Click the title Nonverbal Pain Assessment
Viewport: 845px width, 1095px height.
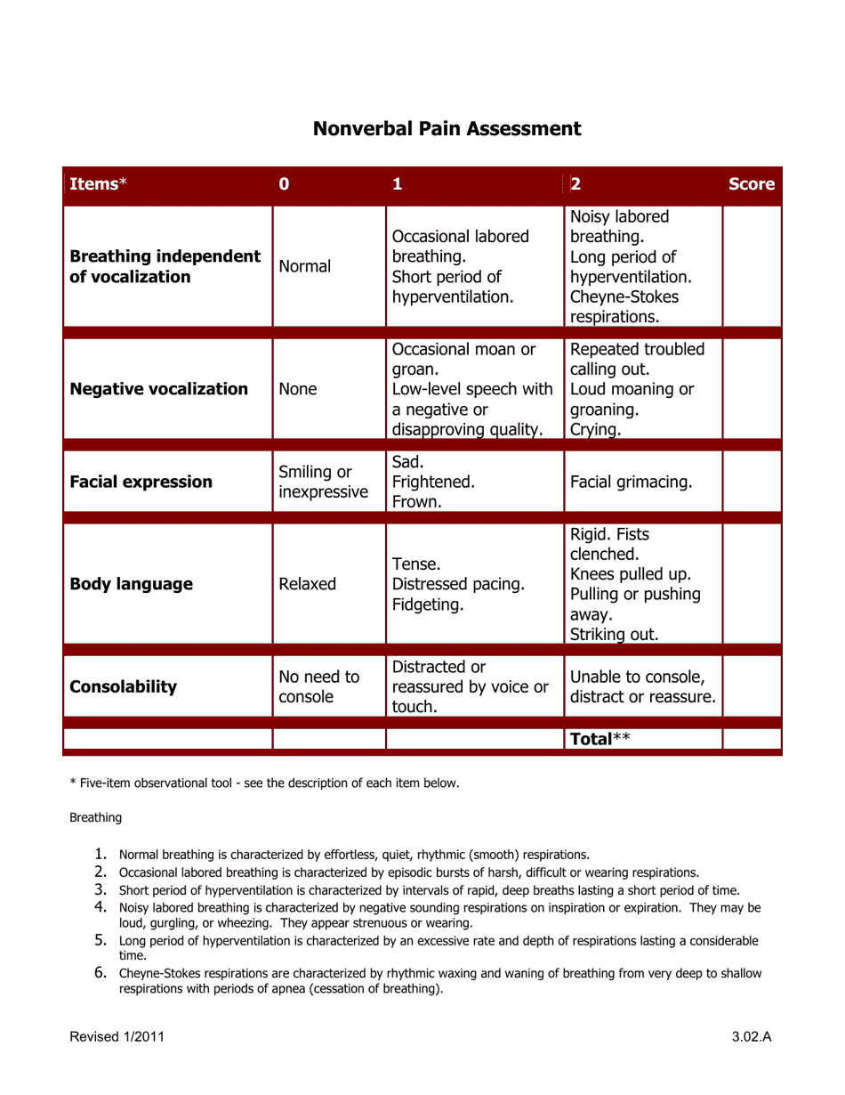[447, 128]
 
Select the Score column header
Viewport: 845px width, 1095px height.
[751, 185]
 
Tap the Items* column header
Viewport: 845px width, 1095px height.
[99, 185]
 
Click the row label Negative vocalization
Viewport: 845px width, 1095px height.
[158, 389]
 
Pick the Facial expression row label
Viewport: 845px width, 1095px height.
[141, 482]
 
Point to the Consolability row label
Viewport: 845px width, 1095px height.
[123, 686]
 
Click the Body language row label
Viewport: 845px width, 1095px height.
[131, 584]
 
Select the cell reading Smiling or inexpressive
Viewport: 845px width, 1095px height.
[322, 482]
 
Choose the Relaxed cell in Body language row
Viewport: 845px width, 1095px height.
[307, 584]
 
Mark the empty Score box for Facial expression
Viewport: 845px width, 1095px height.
[751, 482]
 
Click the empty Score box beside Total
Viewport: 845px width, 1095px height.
[751, 739]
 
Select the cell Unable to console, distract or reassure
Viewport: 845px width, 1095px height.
[642, 686]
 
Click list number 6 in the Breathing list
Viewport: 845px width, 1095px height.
[101, 973]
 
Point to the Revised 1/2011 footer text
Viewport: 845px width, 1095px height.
[116, 1037]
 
